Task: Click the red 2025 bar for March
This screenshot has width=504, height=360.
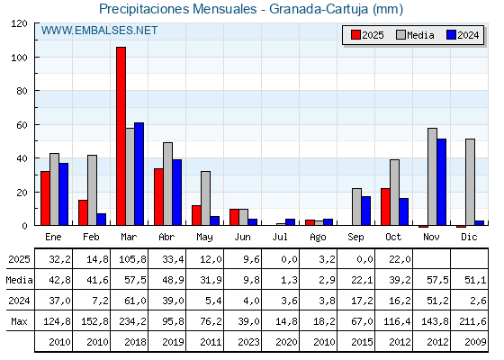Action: (121, 136)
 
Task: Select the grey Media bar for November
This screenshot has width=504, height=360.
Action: (432, 176)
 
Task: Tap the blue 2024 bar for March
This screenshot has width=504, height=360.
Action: (139, 174)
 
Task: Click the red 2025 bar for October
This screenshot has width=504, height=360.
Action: (385, 206)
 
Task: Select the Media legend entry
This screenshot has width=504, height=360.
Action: (414, 35)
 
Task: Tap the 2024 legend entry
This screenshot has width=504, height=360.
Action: (462, 35)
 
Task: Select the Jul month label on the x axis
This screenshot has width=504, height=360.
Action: (281, 236)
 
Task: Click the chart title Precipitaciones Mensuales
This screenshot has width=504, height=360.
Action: (251, 9)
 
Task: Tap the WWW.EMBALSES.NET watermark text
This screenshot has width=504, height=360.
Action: (100, 31)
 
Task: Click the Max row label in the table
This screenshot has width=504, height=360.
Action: (18, 321)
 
